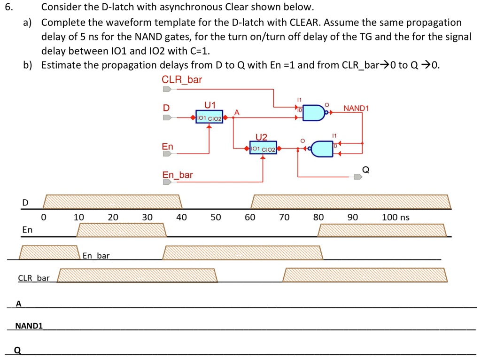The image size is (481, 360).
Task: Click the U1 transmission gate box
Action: coord(209,117)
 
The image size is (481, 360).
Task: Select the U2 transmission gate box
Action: coord(263,147)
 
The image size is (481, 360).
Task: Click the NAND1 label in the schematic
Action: coord(356,108)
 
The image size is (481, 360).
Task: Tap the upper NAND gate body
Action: coord(313,113)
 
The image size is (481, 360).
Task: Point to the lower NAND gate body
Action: coord(322,149)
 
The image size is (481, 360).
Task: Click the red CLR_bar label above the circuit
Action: coord(182,80)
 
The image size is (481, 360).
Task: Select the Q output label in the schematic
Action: coord(365,170)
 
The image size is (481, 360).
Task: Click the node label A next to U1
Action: coord(237,113)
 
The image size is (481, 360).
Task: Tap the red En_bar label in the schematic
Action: coord(177,175)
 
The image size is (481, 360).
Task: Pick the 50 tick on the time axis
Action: coord(216,217)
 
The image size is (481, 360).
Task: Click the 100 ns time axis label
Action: coord(396,217)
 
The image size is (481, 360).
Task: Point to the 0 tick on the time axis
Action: coord(44,217)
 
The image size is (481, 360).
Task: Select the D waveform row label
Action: coord(25,203)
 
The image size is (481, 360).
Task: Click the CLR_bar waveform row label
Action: coord(34,278)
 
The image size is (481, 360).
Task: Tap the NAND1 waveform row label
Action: coord(29,326)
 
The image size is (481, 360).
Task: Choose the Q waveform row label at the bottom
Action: coord(18,350)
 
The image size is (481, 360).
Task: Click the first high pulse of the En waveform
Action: coord(122,230)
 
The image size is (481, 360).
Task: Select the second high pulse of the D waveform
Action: coord(351,202)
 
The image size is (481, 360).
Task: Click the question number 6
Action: coord(9,7)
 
